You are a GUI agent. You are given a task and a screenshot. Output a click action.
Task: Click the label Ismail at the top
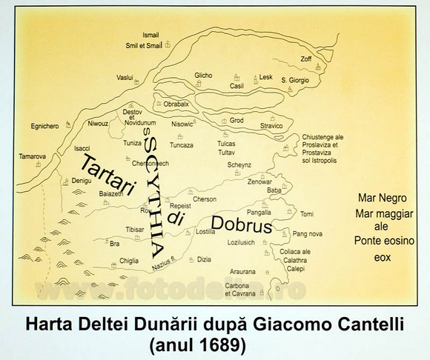[x=152, y=35]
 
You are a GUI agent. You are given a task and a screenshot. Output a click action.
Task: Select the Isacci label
[x=84, y=147]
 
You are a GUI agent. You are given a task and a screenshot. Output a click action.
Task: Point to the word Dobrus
[x=242, y=225]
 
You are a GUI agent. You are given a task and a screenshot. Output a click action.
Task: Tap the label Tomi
[x=307, y=214]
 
